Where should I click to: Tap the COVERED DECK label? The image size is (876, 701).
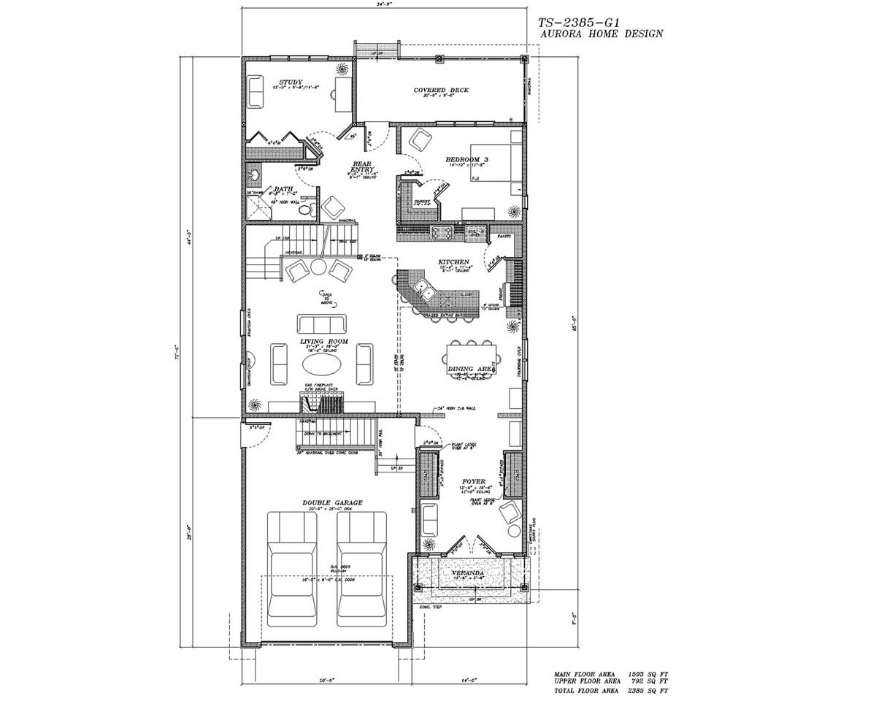441,91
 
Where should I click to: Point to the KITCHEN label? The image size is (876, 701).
454,261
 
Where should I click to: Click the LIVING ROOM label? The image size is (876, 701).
323,341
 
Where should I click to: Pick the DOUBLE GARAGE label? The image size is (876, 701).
332,502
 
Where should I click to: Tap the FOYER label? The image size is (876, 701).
474,481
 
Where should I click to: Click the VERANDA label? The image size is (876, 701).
467,573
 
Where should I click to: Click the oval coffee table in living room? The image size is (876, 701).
321,364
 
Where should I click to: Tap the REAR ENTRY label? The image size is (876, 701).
363,167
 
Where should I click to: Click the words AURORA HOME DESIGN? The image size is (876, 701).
601,34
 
